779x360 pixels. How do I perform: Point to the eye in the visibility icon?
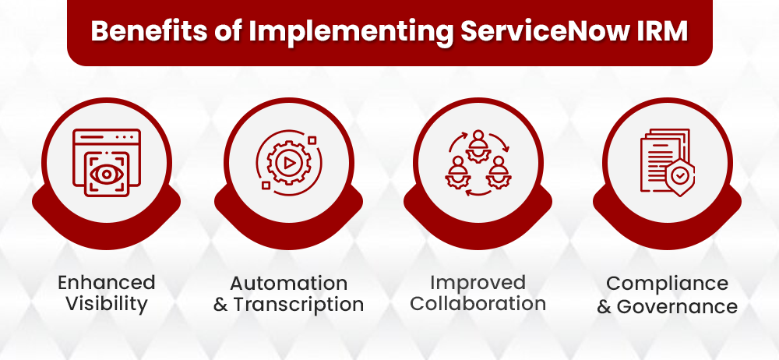click(106, 175)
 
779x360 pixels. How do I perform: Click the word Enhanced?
click(107, 282)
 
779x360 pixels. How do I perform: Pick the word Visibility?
click(107, 304)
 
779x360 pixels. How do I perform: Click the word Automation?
click(289, 282)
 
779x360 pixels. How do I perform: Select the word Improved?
click(478, 281)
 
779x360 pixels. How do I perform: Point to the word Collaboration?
click(478, 303)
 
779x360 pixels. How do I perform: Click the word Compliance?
click(668, 283)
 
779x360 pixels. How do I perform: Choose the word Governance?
click(677, 306)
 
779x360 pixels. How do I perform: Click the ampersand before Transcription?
click(221, 305)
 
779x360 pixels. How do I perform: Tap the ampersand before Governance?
click(605, 306)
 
